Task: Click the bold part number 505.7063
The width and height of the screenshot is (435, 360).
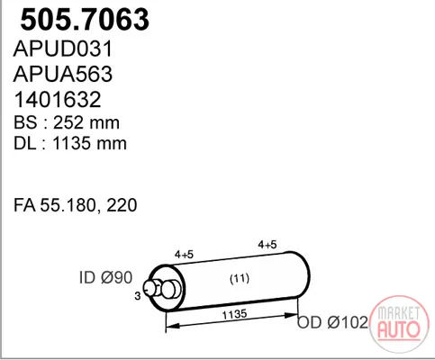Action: pos(85,20)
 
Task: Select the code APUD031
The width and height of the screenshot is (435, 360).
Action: pos(63,49)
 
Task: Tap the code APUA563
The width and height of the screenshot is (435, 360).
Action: pos(63,74)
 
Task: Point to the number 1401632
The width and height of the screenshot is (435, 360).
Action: pos(58,99)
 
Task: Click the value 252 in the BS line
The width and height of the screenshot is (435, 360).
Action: pos(68,122)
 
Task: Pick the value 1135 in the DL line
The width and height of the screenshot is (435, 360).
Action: pos(71,143)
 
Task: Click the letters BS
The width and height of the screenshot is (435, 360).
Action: pos(25,122)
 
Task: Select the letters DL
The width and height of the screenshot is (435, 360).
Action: pos(25,143)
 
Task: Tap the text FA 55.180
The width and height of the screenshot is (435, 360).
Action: pos(55,205)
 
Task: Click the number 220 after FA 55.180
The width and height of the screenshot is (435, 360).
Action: pos(122,205)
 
